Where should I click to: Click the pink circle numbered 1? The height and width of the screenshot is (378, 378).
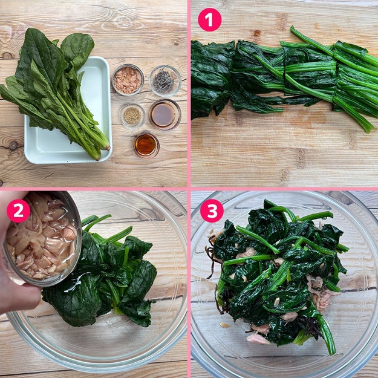(209, 20)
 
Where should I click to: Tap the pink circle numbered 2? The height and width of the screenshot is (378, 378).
(18, 210)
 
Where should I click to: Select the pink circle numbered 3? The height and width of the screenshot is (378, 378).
(212, 210)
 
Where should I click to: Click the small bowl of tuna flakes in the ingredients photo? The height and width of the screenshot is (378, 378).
(128, 80)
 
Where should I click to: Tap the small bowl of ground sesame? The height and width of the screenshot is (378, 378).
(132, 116)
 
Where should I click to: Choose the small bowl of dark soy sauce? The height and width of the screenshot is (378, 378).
(165, 114)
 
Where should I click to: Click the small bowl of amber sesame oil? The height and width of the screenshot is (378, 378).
(146, 145)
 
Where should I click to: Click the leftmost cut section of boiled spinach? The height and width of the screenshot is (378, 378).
(212, 80)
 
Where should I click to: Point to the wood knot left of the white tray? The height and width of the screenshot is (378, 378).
(13, 146)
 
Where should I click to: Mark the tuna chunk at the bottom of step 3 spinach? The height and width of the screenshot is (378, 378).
(258, 339)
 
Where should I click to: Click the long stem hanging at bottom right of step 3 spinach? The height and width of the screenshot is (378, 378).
(327, 334)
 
